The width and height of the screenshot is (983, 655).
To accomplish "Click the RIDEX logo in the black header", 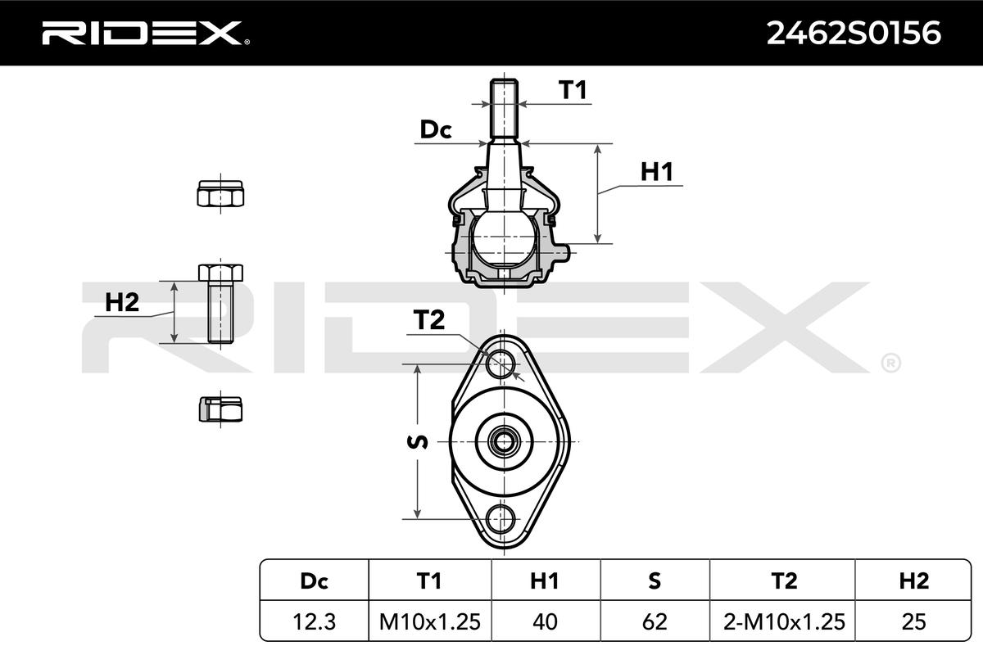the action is point(146,33).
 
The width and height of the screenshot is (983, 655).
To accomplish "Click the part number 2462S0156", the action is point(854,34).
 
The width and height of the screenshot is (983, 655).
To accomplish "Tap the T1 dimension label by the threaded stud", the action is point(573,90).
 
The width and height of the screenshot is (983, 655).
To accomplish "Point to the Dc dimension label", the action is point(435,129).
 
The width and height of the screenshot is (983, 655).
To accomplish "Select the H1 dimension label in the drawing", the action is point(656,172).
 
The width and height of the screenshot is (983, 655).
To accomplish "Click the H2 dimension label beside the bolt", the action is point(122,302).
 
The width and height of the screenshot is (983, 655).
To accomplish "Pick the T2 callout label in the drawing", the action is point(428,319).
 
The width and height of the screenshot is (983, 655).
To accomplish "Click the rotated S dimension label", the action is point(417,442).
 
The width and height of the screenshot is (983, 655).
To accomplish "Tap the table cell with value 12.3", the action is point(315,621).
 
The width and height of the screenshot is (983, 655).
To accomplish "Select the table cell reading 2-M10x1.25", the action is point(784,621).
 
